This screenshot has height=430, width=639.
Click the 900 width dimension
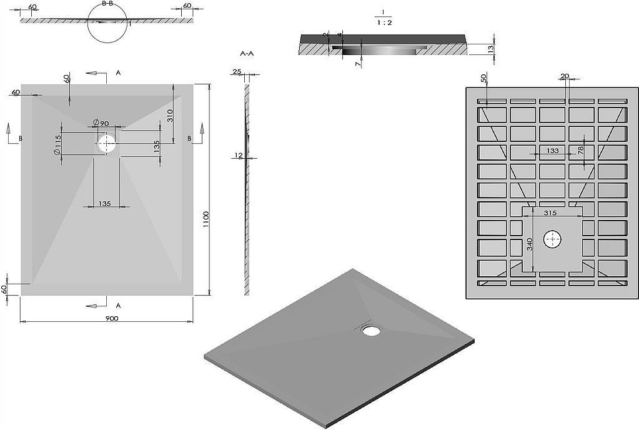coord(111,318)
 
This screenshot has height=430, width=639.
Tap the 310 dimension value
coord(171,116)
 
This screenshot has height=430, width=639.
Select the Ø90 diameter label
coord(101,123)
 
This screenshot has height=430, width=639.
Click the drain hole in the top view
coord(107,143)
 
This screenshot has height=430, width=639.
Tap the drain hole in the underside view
coord(552,239)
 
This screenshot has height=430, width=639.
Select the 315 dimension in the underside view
coord(550,212)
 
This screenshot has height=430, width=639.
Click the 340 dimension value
coord(530,244)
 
